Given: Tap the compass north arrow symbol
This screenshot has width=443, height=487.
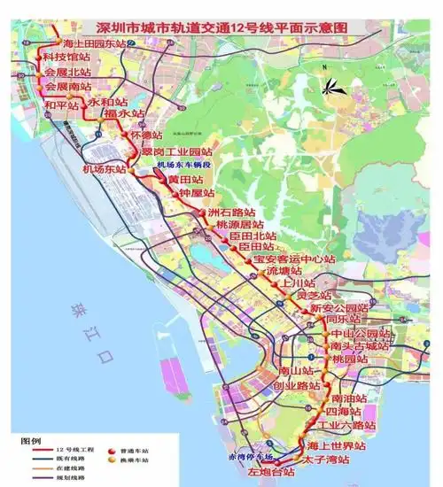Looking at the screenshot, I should point(336,86).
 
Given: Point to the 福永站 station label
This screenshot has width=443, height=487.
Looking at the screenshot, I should point(123,114).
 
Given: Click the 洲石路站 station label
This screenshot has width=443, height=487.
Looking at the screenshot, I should point(231,213).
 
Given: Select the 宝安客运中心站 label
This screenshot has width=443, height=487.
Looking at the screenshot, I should point(293,259).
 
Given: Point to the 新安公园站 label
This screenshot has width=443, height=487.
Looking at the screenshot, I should point(335,308).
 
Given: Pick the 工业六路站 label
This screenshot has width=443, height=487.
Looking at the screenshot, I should point(342,426).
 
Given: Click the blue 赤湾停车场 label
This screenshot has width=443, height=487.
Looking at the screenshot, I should point(251,456).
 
